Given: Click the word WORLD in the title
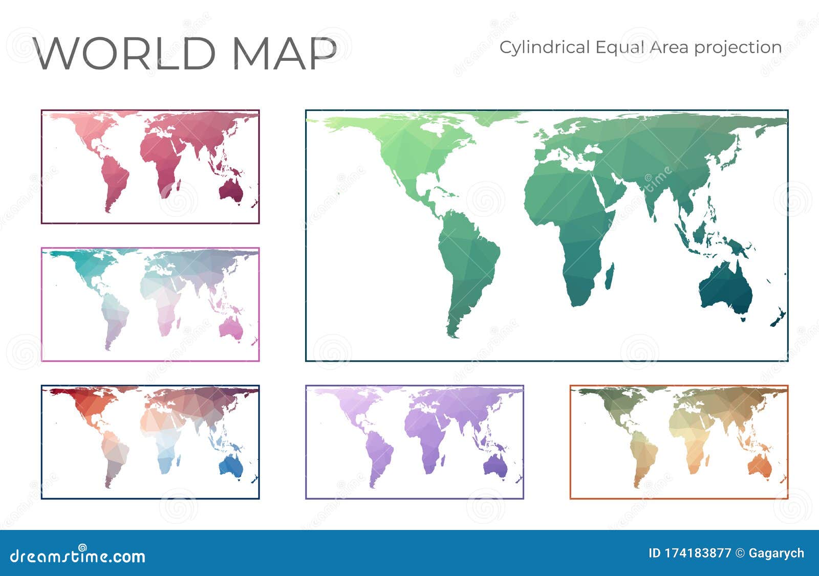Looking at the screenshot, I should (125, 53).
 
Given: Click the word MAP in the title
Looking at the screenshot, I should (285, 53).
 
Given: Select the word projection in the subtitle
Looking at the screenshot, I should (738, 48).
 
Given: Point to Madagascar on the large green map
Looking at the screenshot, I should (609, 275).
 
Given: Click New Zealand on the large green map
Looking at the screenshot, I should (778, 318).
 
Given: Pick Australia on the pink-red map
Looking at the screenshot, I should (231, 190).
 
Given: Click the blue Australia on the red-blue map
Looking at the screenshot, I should (231, 466).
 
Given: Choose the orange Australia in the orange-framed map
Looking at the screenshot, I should (759, 466).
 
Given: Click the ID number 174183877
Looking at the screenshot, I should (698, 553).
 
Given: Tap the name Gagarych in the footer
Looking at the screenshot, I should (776, 553).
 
